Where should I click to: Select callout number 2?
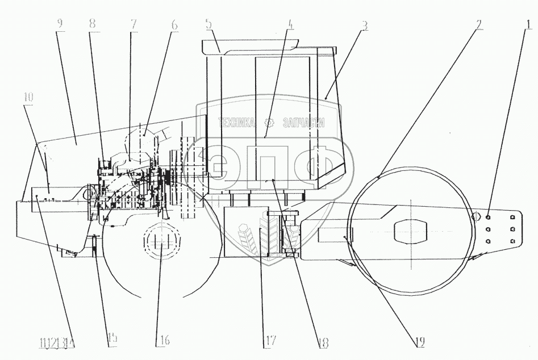pyautogui.click(x=479, y=24)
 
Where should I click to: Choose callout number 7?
pyautogui.click(x=134, y=24)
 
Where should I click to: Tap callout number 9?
pyautogui.click(x=60, y=24)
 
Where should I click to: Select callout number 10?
pyautogui.click(x=28, y=97)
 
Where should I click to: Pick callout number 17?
pyautogui.click(x=269, y=341)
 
